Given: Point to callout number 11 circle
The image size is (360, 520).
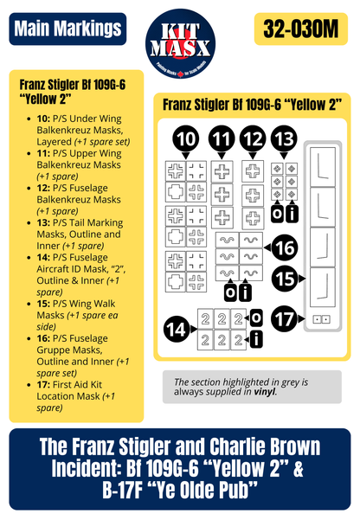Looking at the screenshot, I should [222, 140].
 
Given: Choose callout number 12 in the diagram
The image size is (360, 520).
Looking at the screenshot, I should [253, 140].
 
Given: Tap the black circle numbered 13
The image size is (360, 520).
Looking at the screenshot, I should [284, 140].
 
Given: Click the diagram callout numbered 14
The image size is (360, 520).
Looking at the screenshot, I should [177, 327].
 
